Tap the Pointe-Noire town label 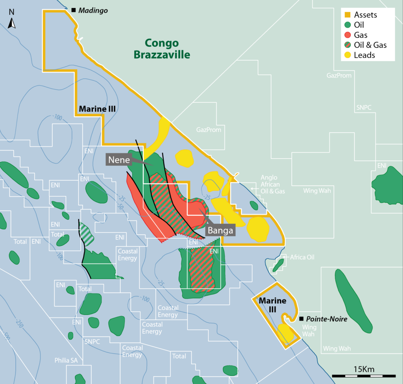[x=327, y=319]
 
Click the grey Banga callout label [x=221, y=230]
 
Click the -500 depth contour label [x=5, y=335]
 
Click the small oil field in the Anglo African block [x=254, y=205]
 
